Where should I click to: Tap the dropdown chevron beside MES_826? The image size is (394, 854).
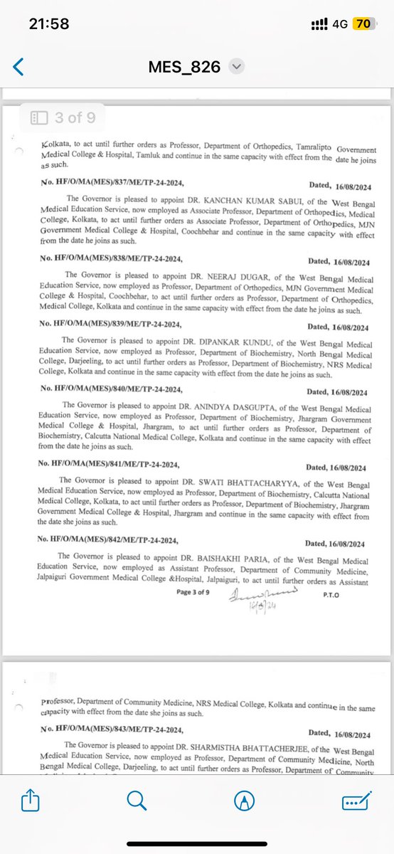238,67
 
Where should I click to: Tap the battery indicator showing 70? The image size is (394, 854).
363,23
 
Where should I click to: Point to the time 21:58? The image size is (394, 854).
49,23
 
